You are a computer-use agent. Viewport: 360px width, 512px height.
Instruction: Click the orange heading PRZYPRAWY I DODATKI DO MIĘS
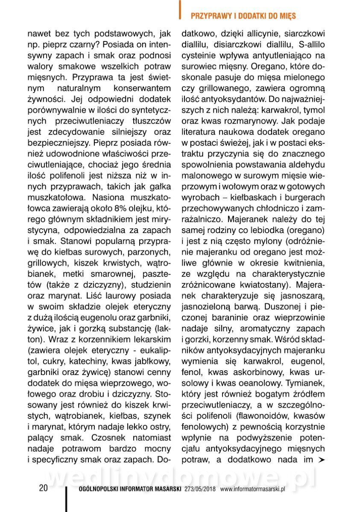243,16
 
